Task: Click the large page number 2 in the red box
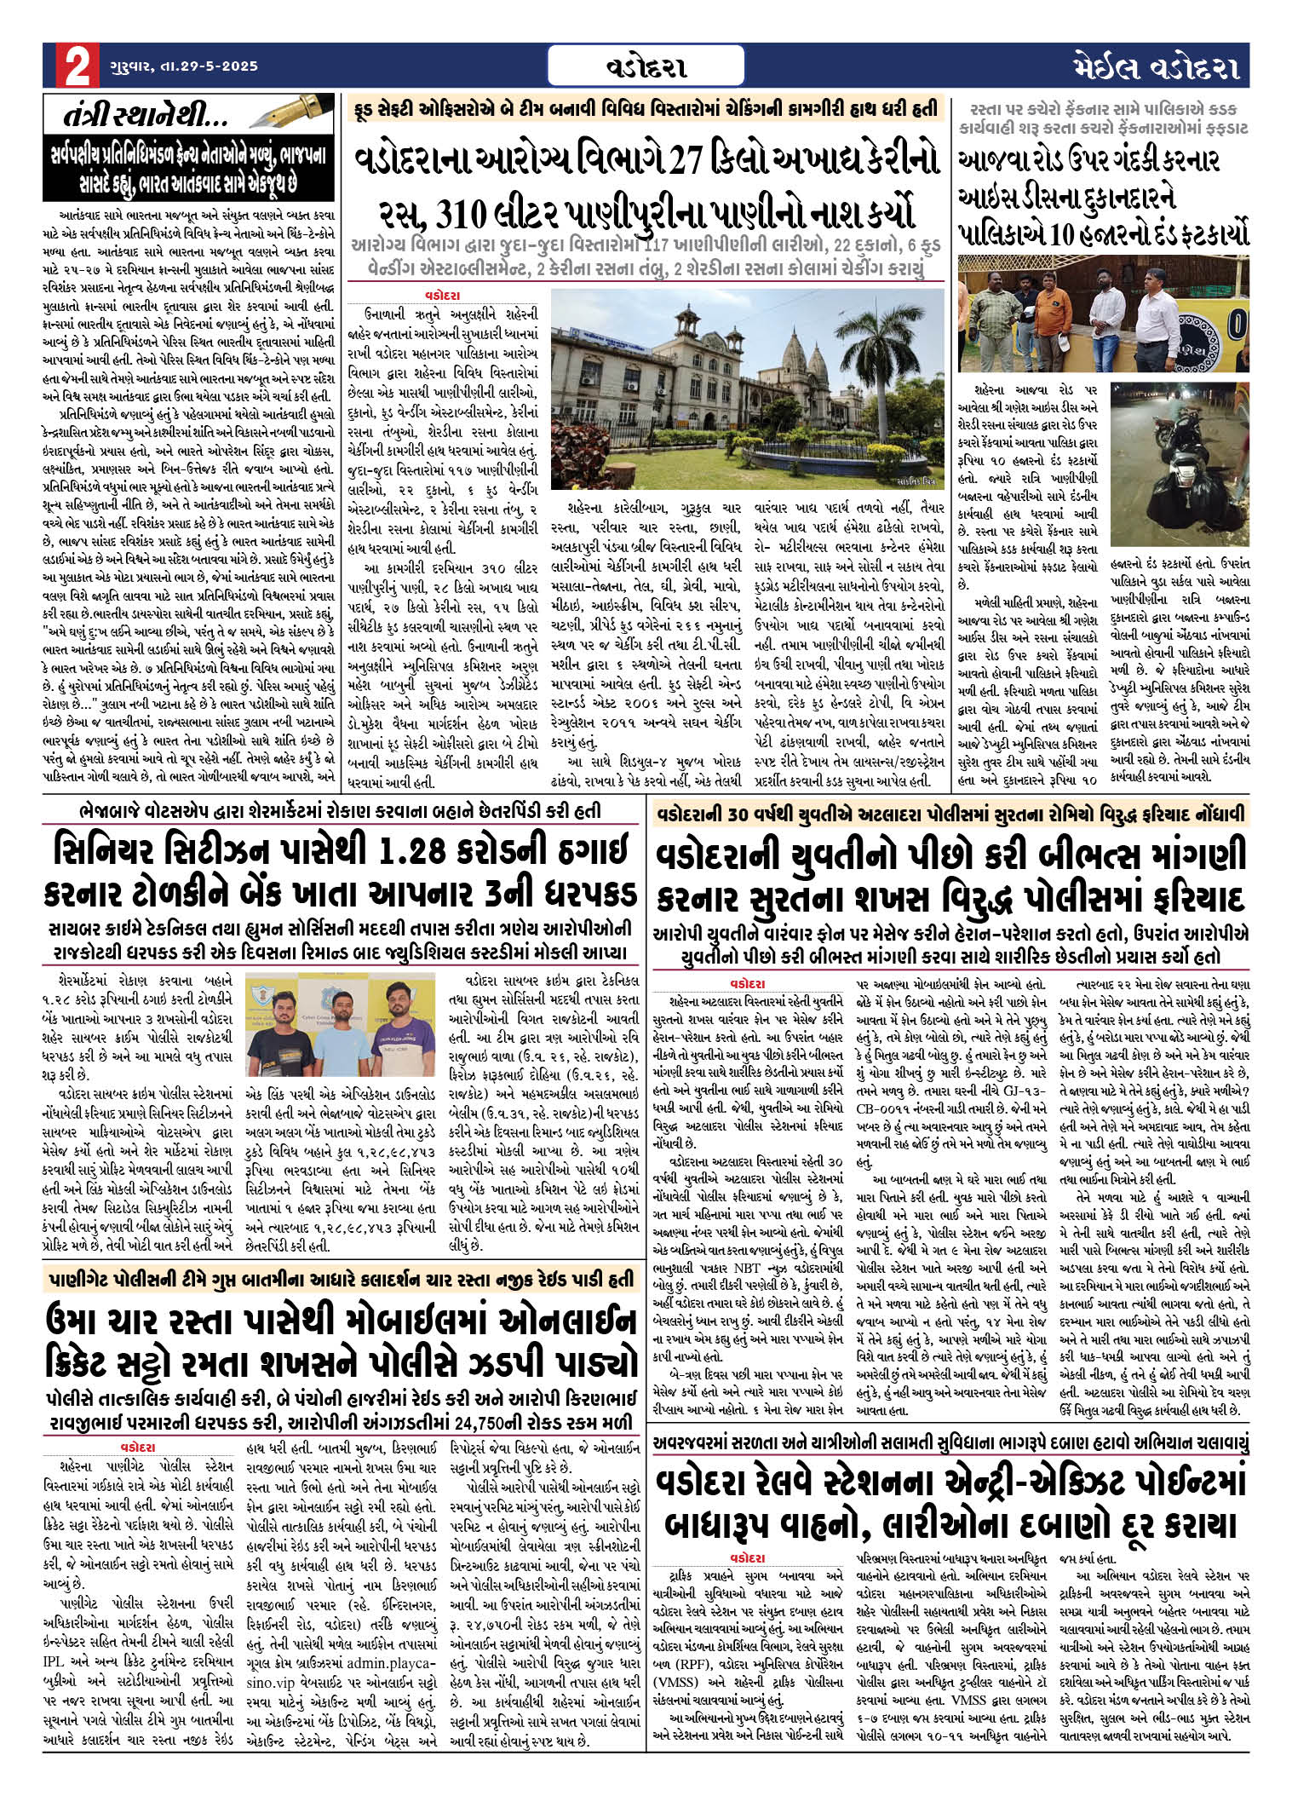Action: click(77, 66)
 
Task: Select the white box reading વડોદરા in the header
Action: click(646, 66)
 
